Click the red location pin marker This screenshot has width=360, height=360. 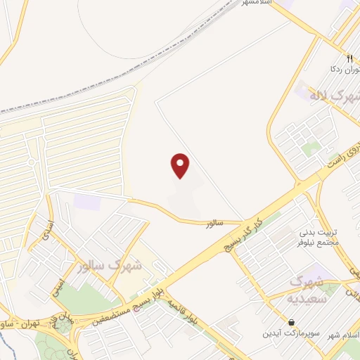point(181,165)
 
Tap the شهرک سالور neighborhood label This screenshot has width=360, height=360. point(111,265)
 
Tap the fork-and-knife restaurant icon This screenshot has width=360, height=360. point(349,59)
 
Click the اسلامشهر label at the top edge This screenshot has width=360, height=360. point(257,3)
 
